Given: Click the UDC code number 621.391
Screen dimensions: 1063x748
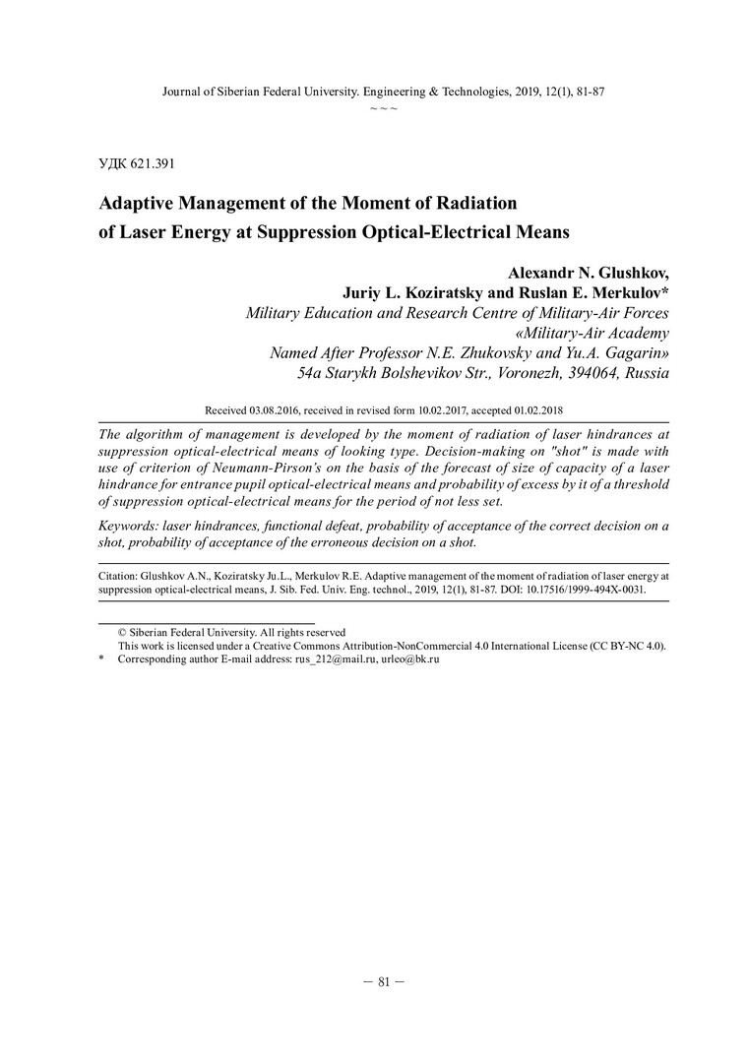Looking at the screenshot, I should (x=155, y=162).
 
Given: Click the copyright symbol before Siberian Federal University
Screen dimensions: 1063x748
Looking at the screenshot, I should (x=122, y=632).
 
